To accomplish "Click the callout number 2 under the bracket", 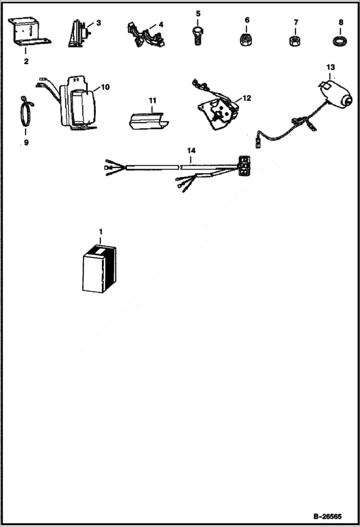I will pyautogui.click(x=25, y=61).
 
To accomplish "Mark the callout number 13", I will pyautogui.click(x=330, y=66).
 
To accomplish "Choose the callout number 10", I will pyautogui.click(x=105, y=87).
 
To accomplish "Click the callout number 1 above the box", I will pyautogui.click(x=100, y=232).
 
